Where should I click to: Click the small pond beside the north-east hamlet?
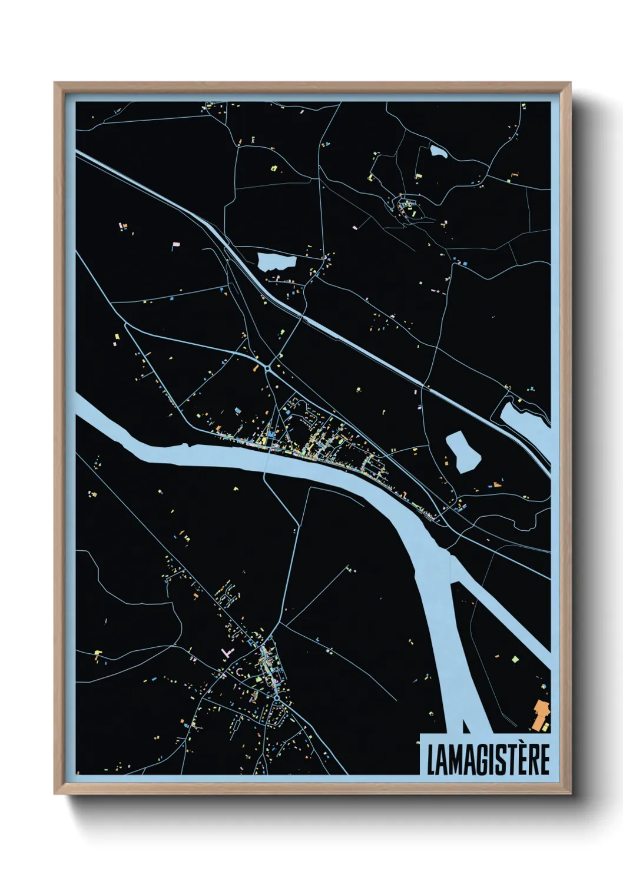(x=439, y=152)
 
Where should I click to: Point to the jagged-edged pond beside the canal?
(x=277, y=261)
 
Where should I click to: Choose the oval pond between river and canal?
(x=463, y=451)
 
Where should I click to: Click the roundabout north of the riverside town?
(x=269, y=368)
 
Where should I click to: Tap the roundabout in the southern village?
(x=277, y=698)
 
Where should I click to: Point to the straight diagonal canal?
(x=353, y=341)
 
